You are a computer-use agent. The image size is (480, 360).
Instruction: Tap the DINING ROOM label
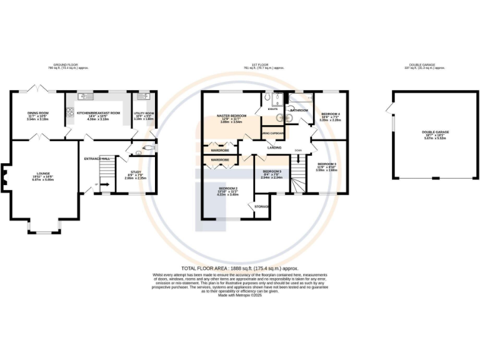[x=38, y=113]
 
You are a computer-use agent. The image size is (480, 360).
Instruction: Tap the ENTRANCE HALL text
[x=97, y=159]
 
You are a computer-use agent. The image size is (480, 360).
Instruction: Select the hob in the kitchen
[x=70, y=112]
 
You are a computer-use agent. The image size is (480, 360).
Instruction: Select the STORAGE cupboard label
[x=262, y=206]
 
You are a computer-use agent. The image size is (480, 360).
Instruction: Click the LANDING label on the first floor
[x=274, y=147]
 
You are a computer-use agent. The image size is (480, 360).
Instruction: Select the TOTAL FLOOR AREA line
[x=240, y=267]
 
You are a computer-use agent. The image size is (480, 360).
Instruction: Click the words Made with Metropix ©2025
[x=240, y=295]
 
